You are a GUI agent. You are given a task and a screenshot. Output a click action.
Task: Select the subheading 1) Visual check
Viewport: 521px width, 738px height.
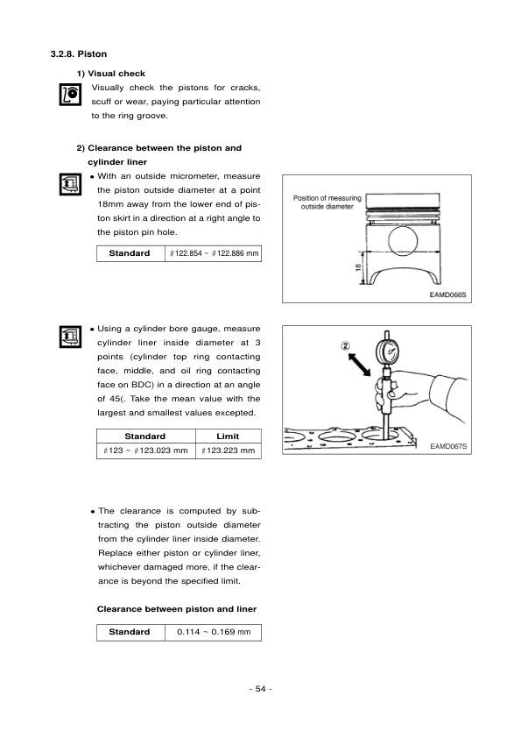(x=111, y=73)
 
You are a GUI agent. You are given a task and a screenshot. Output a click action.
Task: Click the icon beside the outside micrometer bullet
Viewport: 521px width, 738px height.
(x=69, y=185)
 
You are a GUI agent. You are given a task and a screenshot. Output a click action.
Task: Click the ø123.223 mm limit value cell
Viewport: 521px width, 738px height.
(x=228, y=451)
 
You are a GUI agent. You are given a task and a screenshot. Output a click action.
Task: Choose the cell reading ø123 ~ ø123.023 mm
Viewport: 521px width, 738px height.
(x=146, y=451)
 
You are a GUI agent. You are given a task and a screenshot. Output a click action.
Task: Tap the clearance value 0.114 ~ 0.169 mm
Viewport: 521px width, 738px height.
(x=213, y=632)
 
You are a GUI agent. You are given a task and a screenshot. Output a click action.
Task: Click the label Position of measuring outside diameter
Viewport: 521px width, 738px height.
(x=327, y=202)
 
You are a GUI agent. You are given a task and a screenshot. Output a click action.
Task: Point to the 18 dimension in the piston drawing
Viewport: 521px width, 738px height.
(x=358, y=268)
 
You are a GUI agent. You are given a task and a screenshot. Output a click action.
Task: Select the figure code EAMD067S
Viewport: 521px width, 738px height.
(x=449, y=446)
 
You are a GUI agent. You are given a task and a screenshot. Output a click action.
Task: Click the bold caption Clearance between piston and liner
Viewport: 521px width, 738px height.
(x=176, y=607)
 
